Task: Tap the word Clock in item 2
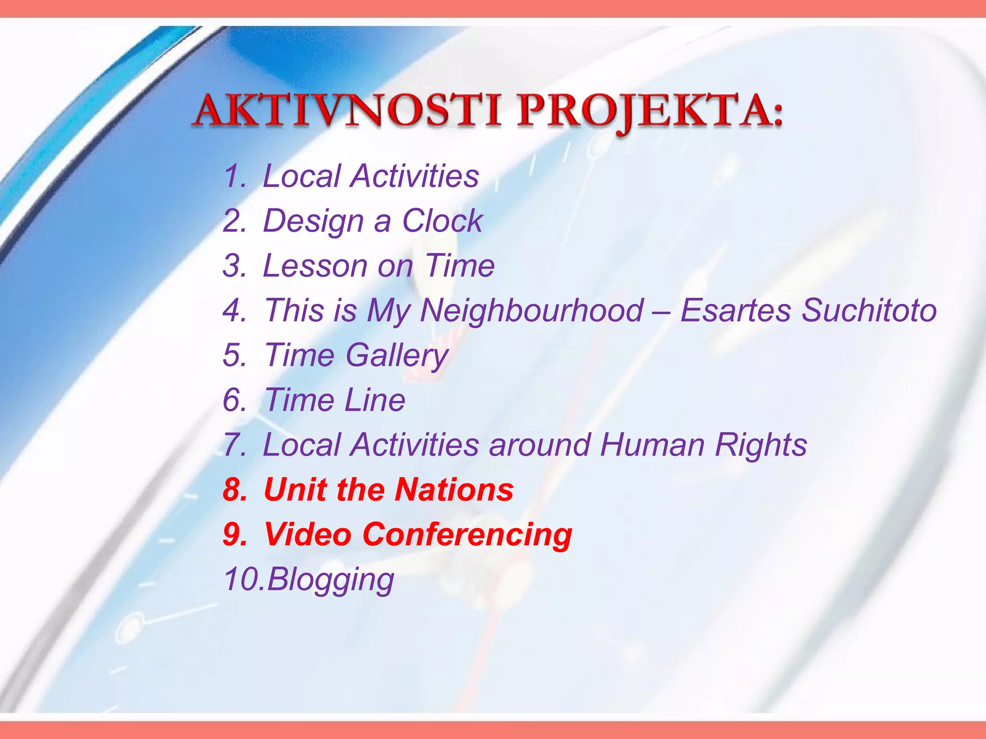442,221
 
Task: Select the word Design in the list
313,222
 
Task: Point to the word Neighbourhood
532,310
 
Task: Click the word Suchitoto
869,310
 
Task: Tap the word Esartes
736,310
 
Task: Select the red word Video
308,535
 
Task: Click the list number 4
234,310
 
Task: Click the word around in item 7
540,445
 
